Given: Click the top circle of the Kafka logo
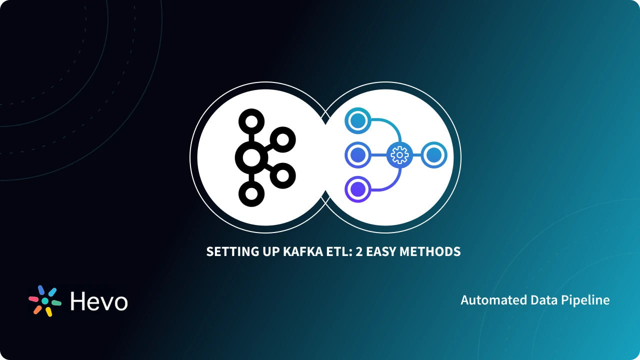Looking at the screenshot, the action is (x=251, y=121).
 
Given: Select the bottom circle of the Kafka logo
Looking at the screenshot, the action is (x=251, y=193).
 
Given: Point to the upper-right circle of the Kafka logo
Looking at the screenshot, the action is (x=283, y=139).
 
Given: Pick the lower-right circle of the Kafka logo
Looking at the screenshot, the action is (x=283, y=175).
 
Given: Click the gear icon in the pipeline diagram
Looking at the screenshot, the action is (x=399, y=155).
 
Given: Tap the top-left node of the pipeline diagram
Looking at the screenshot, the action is (x=358, y=121).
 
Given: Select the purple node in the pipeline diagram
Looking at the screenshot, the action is (x=358, y=189).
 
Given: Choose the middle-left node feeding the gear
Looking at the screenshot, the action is (x=358, y=155).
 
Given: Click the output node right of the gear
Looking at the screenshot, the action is (x=434, y=155).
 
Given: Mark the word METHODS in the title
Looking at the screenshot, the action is (x=432, y=251).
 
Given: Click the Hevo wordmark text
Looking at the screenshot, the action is (x=99, y=301).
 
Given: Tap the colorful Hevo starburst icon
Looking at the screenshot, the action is (x=45, y=301).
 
